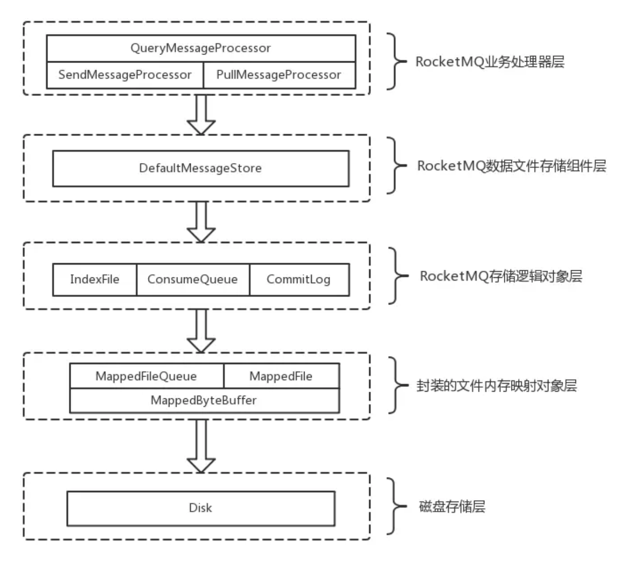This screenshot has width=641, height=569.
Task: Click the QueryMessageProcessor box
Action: point(201,48)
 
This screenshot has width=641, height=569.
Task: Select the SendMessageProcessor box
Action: point(125,75)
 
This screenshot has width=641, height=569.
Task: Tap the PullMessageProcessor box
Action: point(279,75)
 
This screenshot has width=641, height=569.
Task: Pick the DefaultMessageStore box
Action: point(201,168)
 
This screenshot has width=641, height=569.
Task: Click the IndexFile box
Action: point(94,279)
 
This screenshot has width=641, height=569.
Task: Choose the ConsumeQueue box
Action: point(193,279)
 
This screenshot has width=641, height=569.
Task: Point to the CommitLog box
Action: point(299,279)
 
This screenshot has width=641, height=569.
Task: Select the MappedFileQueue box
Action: point(146,376)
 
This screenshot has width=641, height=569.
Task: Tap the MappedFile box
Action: point(281,376)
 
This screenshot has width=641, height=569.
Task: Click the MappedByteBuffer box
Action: point(204,401)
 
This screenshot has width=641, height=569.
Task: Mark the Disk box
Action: point(201,508)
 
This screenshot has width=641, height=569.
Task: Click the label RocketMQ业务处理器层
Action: point(490,62)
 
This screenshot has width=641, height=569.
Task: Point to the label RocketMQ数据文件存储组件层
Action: point(511,166)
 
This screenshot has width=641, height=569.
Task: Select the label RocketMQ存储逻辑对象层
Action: point(501,276)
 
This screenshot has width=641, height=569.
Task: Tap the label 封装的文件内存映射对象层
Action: point(496,385)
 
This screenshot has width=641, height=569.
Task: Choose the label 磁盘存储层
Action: point(452,506)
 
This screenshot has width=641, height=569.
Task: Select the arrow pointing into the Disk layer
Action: point(201,446)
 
